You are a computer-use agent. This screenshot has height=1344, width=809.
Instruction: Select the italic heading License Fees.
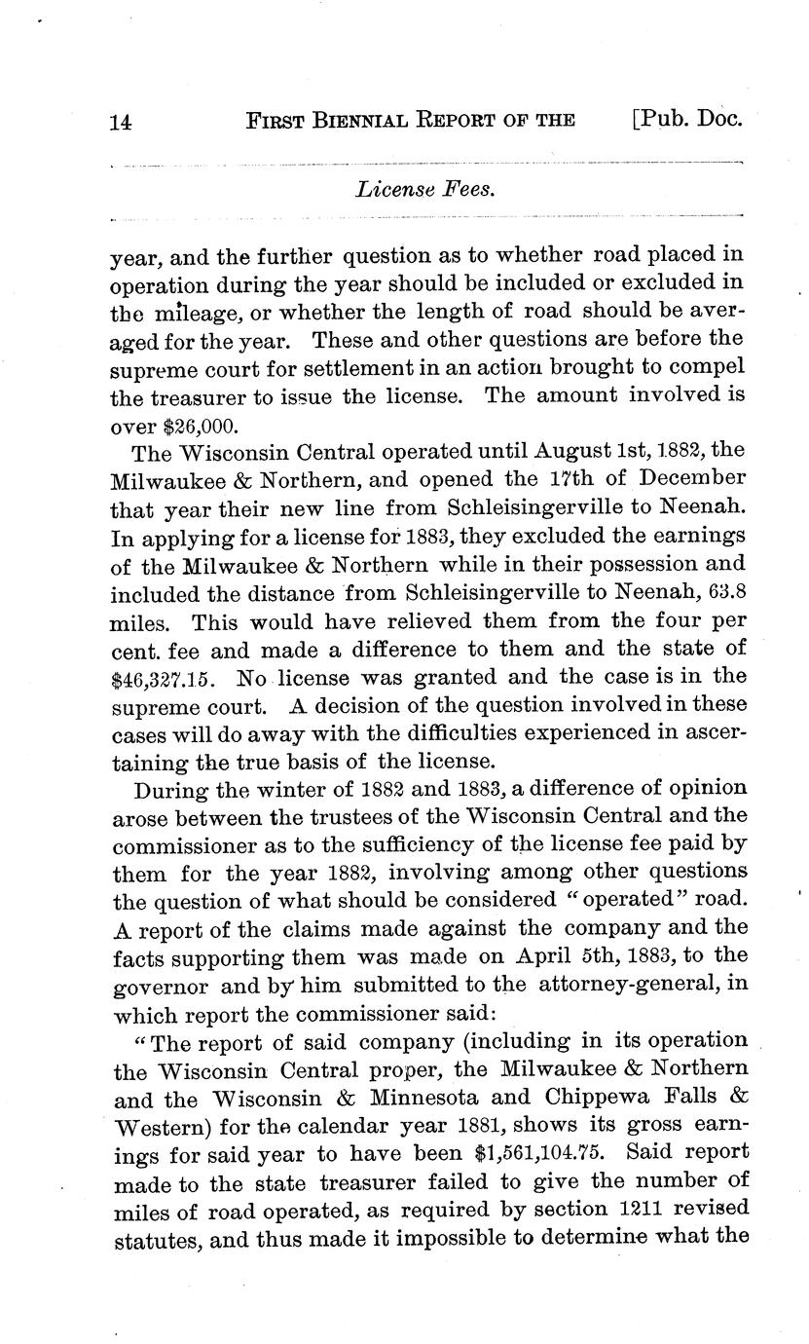[426, 189]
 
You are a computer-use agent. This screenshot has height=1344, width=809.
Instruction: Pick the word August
[544, 453]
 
